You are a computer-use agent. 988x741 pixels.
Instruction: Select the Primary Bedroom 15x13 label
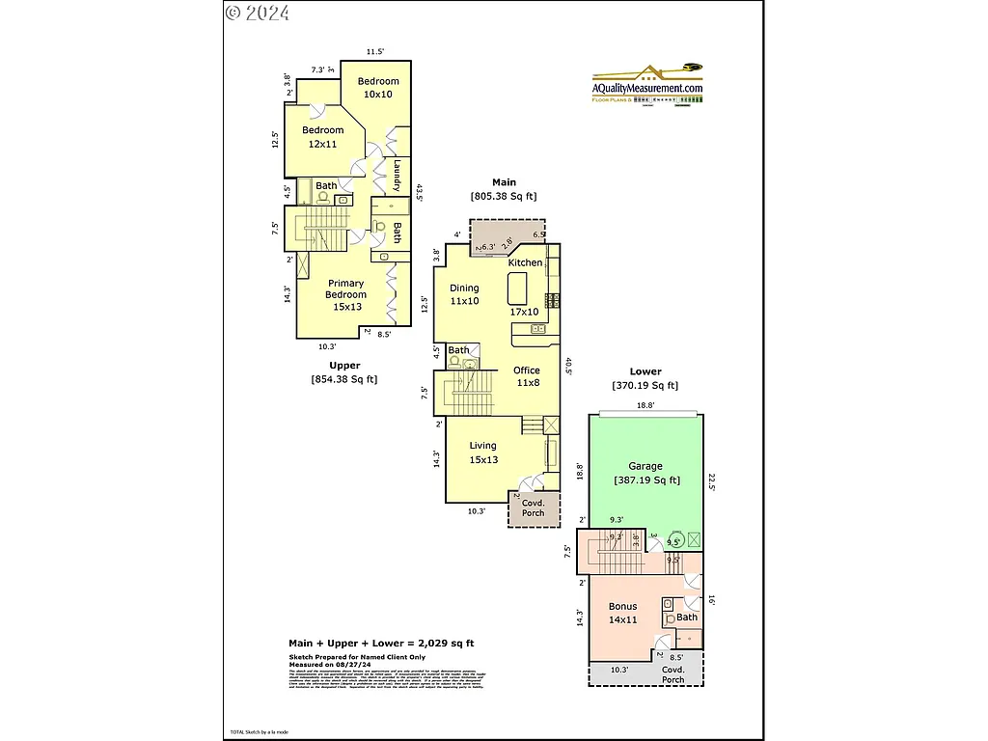click(345, 295)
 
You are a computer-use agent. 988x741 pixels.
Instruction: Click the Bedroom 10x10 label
click(377, 88)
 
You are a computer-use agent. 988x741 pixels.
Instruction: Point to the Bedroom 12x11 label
click(322, 137)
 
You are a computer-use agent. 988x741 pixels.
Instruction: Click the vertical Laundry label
click(397, 176)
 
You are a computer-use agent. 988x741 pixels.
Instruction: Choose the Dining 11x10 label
click(463, 294)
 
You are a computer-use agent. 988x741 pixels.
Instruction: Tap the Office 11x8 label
click(527, 376)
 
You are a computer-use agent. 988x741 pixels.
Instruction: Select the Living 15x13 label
click(483, 453)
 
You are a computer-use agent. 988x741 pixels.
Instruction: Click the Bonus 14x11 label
click(622, 613)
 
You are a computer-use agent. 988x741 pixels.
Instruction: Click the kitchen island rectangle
click(517, 288)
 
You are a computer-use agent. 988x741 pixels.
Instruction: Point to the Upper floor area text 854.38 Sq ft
click(344, 379)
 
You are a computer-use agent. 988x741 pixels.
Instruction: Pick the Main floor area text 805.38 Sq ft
click(504, 196)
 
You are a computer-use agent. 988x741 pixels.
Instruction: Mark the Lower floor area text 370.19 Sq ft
click(645, 385)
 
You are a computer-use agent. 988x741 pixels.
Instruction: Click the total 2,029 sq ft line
click(381, 643)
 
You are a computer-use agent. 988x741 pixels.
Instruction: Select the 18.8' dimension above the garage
click(645, 406)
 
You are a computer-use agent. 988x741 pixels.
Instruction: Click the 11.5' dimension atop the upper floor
click(375, 51)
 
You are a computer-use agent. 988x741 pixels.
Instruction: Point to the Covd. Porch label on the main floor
click(533, 508)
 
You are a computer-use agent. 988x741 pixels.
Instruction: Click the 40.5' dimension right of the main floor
click(569, 368)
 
